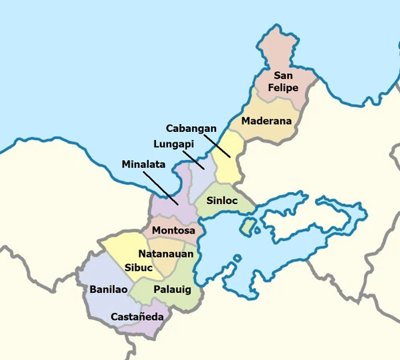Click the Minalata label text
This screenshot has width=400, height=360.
pyautogui.click(x=144, y=164)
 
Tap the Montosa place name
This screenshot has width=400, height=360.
pyautogui.click(x=173, y=231)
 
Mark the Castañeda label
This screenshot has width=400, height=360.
pyautogui.click(x=137, y=317)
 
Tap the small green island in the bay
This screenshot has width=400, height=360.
pyautogui.click(x=249, y=228)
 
